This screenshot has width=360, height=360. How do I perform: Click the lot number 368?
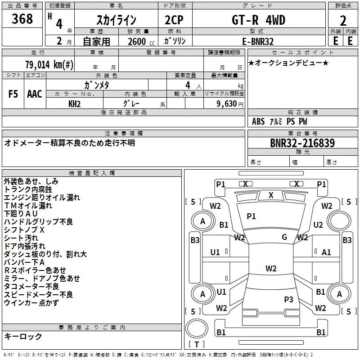coord(22,18)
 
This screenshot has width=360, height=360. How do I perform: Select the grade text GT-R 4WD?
coord(258,20)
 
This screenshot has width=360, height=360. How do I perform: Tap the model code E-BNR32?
coord(258,41)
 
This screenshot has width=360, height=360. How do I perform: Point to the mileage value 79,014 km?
coord(49,64)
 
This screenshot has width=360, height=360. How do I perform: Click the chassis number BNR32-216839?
coord(302,143)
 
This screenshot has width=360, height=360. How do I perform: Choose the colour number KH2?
coord(74,104)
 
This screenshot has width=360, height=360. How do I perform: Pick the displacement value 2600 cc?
coord(141,41)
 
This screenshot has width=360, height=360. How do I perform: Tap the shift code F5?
coord(13,94)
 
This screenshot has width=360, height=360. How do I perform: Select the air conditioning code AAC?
coord(35,94)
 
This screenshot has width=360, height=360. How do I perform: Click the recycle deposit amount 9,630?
coord(227,103)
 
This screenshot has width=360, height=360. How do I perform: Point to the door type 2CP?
coord(174,20)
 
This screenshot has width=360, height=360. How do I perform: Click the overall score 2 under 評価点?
coord(343,21)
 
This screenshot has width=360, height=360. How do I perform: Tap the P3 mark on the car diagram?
coord(288,299)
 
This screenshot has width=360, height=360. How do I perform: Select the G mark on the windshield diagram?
coord(284,237)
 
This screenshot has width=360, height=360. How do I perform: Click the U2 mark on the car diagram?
coord(318,225)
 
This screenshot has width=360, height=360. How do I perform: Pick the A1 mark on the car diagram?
coord(326,252)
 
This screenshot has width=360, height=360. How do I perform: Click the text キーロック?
coord(23,336)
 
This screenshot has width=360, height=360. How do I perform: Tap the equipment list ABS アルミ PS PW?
coord(279,121)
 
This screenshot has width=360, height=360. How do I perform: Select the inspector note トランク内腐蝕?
coord(28,189)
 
